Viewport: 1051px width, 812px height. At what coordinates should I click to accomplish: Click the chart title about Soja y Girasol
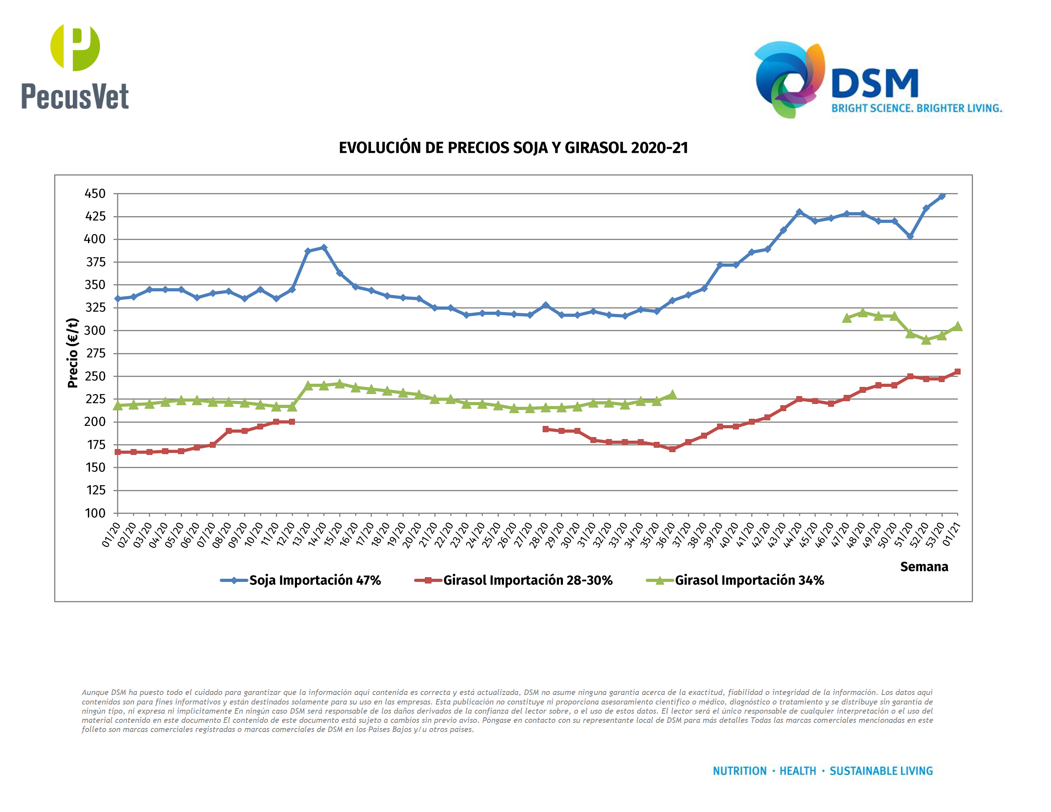513,148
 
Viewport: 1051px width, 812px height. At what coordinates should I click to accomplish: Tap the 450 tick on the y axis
95,194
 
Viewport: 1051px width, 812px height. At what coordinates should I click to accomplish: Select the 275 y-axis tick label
95,353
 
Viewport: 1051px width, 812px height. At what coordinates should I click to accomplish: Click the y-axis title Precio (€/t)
73,353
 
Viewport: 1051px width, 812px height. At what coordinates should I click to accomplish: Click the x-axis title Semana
924,567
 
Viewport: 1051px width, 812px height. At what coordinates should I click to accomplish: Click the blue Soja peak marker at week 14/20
324,248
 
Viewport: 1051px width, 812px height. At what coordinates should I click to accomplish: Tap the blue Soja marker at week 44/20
799,212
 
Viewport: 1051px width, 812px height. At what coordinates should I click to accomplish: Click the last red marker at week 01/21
957,372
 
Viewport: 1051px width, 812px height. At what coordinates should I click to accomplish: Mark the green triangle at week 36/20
672,395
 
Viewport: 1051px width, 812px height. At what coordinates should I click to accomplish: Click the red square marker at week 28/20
545,429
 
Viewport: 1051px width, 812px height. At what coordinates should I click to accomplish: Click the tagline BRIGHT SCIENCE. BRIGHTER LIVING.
916,108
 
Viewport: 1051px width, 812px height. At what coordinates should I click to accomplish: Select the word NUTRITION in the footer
739,771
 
